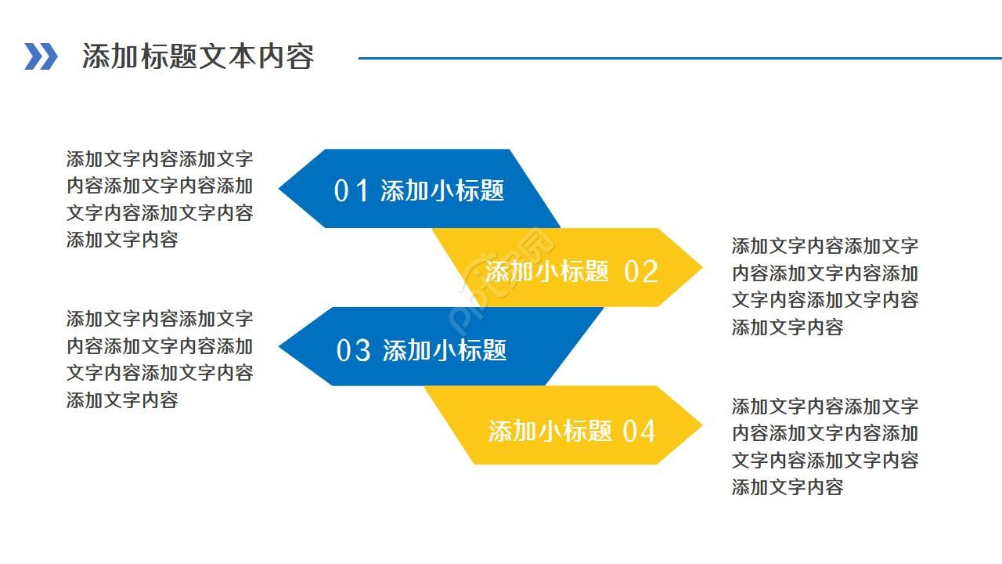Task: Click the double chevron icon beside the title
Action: (41, 56)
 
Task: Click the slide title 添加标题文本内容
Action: (198, 56)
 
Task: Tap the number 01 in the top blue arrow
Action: (351, 190)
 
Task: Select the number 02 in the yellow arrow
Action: (641, 272)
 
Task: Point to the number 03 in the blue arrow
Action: (353, 350)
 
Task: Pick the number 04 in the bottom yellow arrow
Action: (639, 431)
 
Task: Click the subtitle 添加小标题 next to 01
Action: (442, 190)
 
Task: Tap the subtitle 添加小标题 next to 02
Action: (547, 272)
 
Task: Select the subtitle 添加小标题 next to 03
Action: (445, 350)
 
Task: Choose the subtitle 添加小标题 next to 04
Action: (550, 431)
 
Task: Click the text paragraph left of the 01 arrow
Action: (160, 199)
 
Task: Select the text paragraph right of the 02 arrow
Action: (825, 286)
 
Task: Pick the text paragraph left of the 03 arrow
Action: (160, 359)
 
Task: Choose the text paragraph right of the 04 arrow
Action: (825, 446)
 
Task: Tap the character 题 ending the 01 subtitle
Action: (492, 190)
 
